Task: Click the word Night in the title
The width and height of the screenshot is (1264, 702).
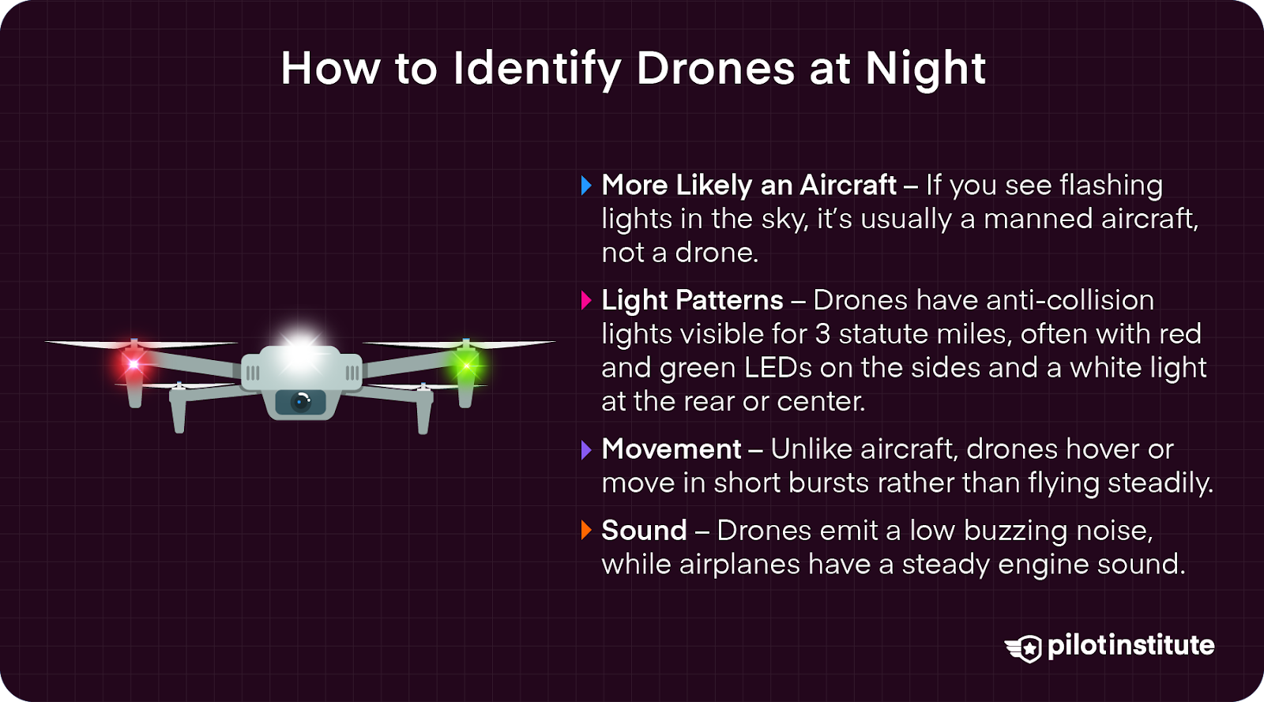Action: coord(925,69)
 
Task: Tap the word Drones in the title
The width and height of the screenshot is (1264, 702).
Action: coord(715,69)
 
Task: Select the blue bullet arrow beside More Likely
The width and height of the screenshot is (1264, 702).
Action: coord(586,186)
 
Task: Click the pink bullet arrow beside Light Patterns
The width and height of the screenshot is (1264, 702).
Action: coord(586,301)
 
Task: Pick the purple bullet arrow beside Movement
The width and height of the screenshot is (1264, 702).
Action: coord(586,450)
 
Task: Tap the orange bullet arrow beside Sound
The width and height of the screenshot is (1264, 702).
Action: coord(586,531)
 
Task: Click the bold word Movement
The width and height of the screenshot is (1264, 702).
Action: coord(671,449)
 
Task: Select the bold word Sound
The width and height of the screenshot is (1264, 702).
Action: coord(644,531)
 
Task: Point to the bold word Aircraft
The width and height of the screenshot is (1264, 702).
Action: coord(848,186)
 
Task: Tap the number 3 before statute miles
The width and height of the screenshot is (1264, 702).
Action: coord(822,335)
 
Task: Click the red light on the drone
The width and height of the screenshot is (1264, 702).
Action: coord(134,364)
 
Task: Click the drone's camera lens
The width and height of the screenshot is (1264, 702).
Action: coord(301,402)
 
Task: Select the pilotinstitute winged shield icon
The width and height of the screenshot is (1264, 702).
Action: coord(1024,648)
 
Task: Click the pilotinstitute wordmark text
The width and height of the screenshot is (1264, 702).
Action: coord(1130,645)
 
